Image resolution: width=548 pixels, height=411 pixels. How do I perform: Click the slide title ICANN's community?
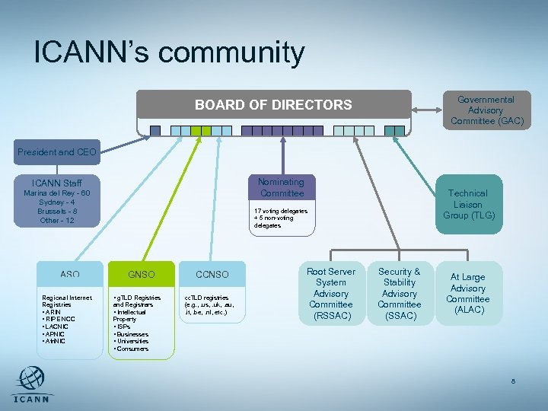point(169,53)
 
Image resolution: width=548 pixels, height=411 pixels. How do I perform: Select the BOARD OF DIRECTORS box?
point(273,105)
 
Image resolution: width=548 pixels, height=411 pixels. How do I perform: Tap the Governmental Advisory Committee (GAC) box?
point(486,110)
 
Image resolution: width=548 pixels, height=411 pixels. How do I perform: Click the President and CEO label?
point(57,152)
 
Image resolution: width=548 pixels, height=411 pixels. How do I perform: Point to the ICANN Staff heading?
point(57,183)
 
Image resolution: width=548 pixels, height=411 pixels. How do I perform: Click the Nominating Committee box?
point(281,187)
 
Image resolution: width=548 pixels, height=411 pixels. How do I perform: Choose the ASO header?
point(70,274)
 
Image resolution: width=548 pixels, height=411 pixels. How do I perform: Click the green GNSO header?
point(142,274)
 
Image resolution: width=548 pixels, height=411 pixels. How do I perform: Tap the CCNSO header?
point(212,274)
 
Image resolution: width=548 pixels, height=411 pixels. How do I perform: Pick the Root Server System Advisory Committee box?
point(331,293)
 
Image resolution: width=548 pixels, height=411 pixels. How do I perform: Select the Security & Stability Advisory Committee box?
point(400,293)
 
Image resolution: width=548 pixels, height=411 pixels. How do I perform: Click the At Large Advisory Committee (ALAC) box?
point(468,293)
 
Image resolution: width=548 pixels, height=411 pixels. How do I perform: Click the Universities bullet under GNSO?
point(134,342)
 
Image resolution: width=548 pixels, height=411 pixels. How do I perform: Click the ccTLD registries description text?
point(212,304)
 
